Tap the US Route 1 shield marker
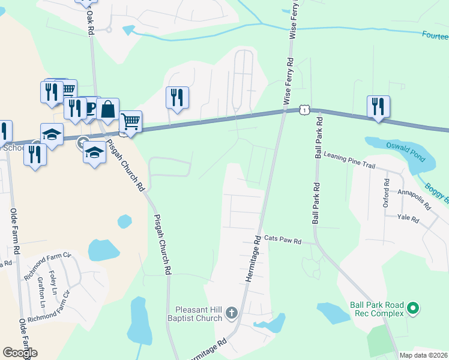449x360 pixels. coord(306,110)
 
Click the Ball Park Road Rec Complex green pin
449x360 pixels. coord(412,309)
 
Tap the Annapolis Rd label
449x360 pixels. coord(414,199)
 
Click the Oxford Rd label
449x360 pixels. coord(386,196)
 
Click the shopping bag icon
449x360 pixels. coord(107,109)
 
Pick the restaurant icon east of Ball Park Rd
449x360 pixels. coord(378,106)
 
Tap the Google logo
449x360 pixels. coord(20,353)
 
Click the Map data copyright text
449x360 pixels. coord(424,355)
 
